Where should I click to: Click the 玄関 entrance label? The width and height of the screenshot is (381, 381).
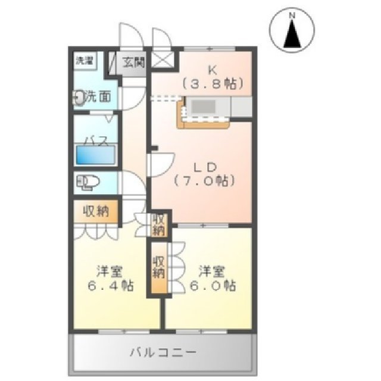133,61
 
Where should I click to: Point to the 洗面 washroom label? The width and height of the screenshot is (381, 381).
97,96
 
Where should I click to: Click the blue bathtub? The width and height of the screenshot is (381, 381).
96,157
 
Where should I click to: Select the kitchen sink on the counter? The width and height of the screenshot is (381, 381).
205,107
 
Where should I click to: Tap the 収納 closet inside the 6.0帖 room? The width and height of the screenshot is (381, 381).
159,266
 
